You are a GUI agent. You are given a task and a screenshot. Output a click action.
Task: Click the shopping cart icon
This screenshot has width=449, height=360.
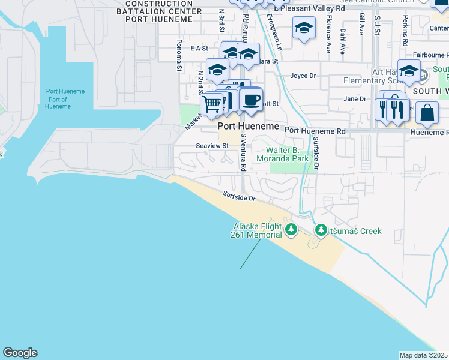coord(211,104)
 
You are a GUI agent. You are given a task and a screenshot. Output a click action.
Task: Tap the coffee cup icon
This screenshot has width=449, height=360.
coord(251,99)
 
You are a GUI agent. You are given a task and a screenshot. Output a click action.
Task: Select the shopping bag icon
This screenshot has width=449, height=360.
coord(427,113)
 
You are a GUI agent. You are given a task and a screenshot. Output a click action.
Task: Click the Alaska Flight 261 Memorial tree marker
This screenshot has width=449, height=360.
coord(291,230)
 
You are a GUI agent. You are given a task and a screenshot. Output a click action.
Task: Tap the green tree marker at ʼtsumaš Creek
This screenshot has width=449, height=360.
coord(321,230)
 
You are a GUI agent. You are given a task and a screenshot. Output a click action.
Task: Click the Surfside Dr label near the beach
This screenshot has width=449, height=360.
coord(239,196)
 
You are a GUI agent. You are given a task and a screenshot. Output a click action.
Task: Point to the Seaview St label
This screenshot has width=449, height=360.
coord(212,146)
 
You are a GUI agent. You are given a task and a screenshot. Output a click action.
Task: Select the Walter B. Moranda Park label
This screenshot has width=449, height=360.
coord(282,154)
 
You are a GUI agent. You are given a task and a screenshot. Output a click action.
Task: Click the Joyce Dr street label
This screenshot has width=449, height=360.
coord(303,76)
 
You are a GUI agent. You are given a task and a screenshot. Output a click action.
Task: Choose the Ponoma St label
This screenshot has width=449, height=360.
coord(179,55)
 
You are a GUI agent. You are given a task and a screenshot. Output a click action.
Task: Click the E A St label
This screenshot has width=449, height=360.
coord(199,48)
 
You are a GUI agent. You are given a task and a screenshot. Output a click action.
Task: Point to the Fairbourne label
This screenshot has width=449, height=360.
coord(429,55)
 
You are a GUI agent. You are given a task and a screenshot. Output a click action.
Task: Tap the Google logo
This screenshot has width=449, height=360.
coord(20,353)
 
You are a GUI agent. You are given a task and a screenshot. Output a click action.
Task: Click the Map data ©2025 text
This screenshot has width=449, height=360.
coord(423,355)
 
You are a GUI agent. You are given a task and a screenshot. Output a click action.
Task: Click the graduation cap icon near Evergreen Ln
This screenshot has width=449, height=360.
coord(304,28)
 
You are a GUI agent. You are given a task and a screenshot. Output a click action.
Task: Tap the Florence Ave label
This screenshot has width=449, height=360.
coord(328,38)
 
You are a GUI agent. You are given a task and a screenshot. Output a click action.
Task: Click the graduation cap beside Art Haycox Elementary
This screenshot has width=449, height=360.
coord(409,71)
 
